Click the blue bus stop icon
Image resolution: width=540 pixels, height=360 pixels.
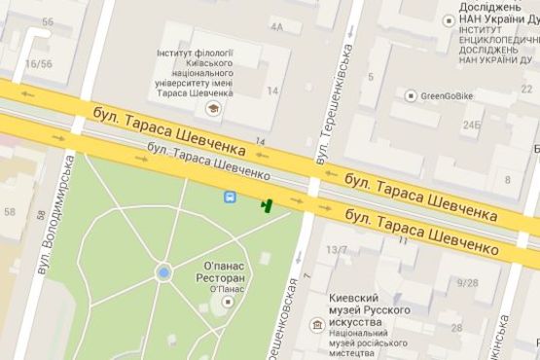tap(230, 198)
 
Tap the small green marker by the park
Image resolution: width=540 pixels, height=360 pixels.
tap(266, 204)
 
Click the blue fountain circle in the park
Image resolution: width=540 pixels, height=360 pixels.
tap(163, 273)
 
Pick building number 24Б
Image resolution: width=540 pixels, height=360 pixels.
tap(472, 126)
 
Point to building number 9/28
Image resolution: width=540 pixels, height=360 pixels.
tap(466, 283)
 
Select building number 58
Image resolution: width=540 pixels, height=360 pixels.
tap(11, 211)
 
